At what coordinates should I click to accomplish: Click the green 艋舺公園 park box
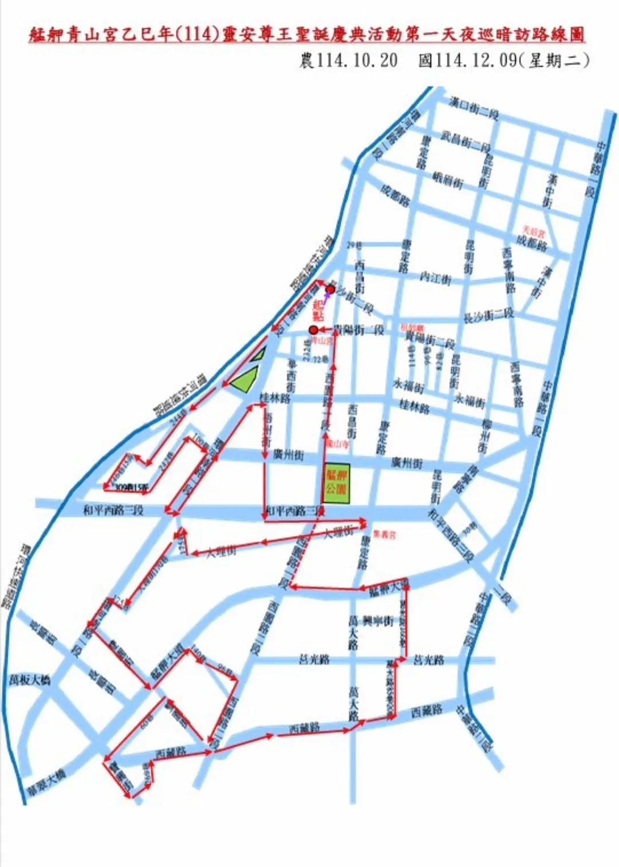tap(336, 483)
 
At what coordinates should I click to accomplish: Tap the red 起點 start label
tap(318, 309)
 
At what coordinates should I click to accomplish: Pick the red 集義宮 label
tap(384, 535)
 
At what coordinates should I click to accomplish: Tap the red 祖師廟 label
tap(412, 327)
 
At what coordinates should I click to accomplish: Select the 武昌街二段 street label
tap(465, 140)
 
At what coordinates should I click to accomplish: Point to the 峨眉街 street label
tap(448, 180)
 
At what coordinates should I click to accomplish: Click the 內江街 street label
tap(435, 277)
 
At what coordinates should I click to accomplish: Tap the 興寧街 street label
tap(378, 621)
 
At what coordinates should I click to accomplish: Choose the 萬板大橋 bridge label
tap(30, 680)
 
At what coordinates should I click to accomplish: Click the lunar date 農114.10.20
tap(348, 60)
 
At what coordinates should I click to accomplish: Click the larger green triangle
tap(245, 380)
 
